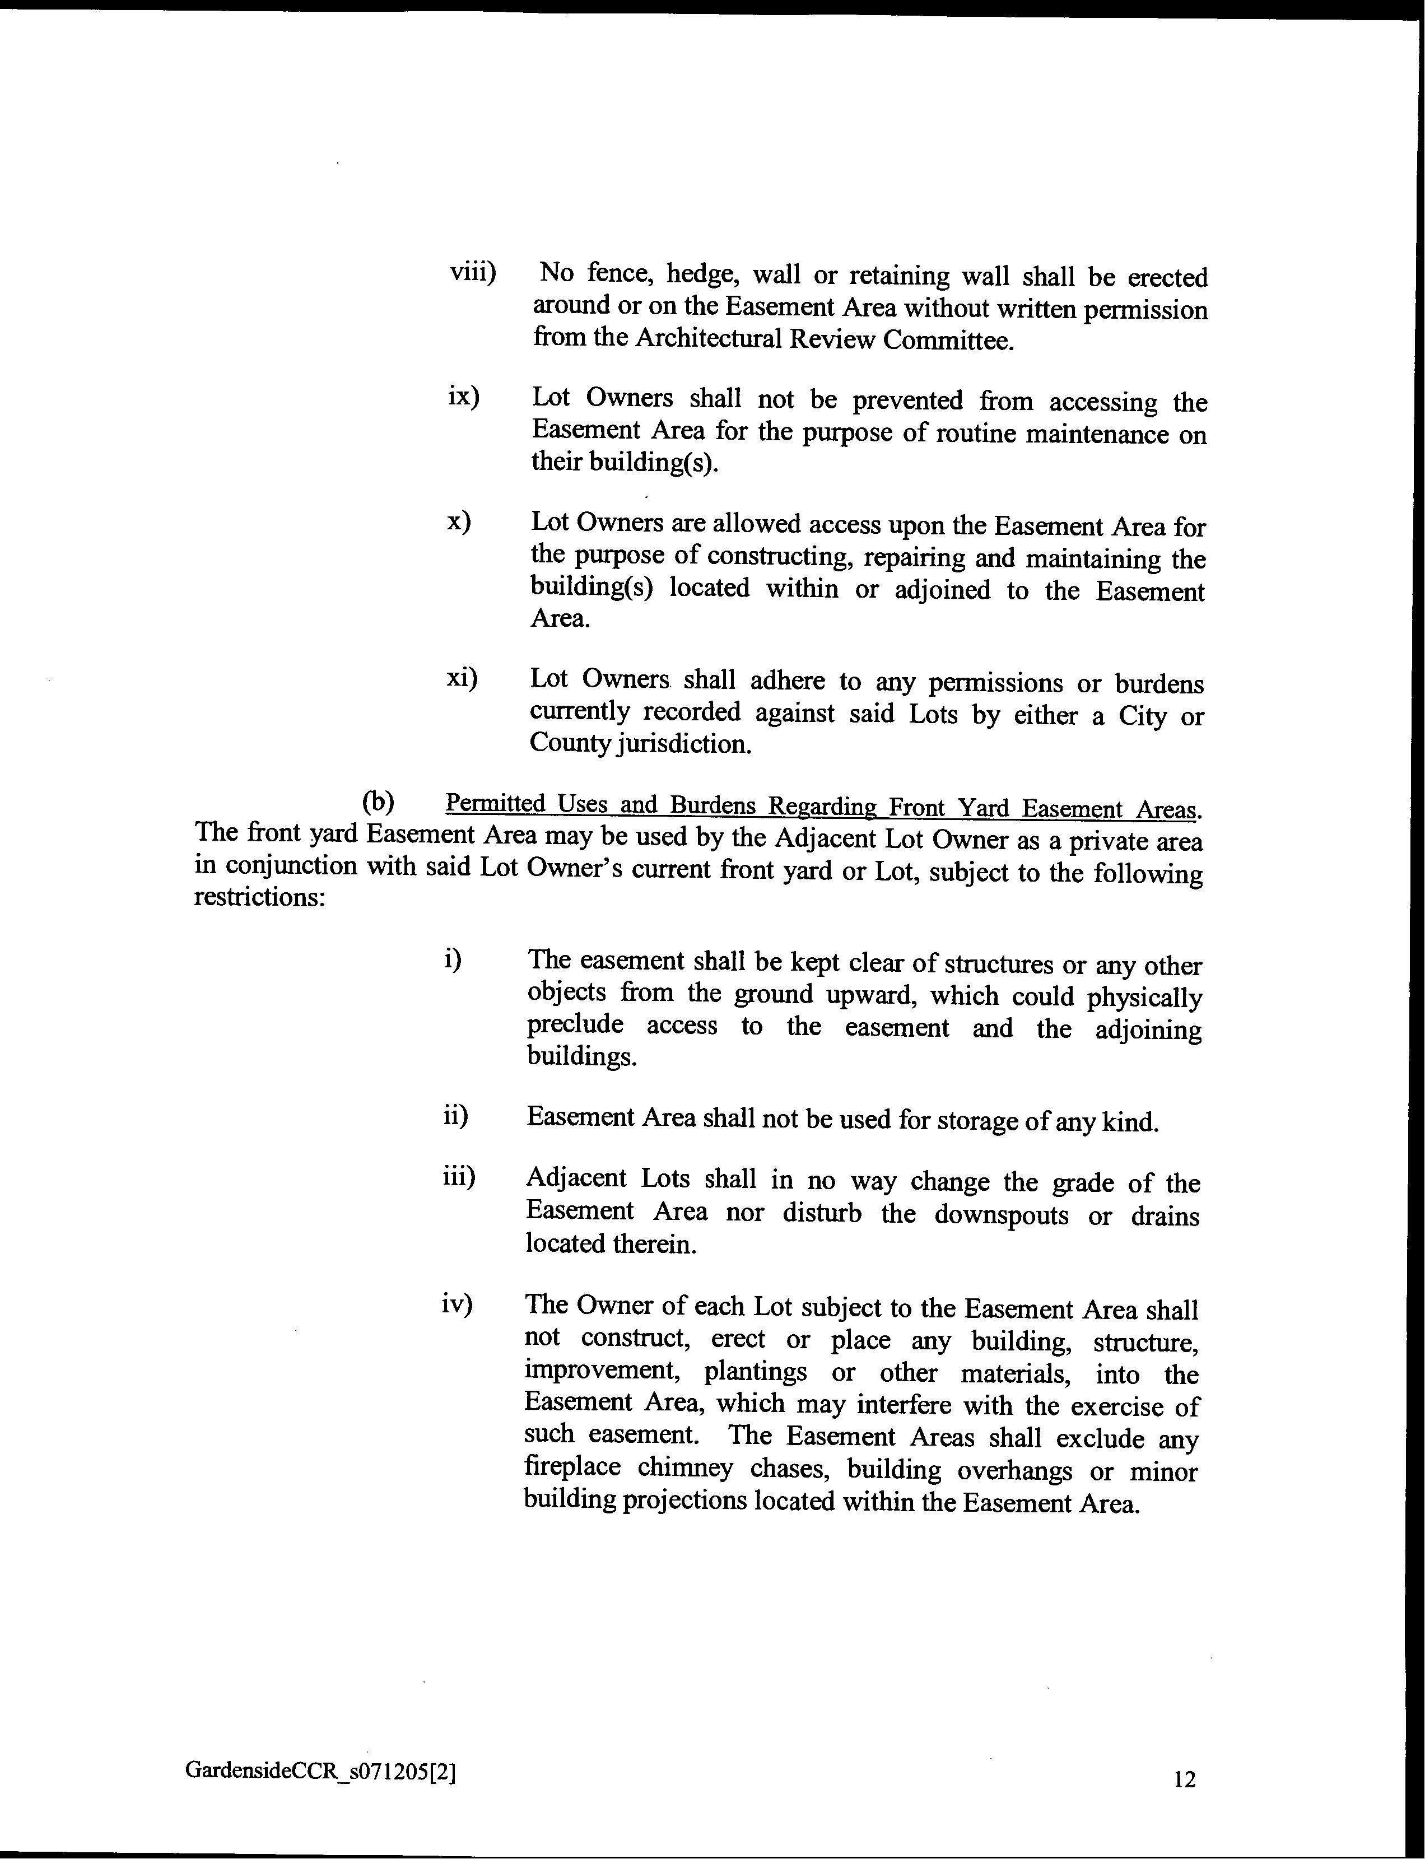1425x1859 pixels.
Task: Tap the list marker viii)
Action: coord(472,273)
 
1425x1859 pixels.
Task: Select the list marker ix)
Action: coord(463,396)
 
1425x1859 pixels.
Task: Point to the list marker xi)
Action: coord(462,678)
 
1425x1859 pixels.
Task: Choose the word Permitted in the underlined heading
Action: coord(495,802)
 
